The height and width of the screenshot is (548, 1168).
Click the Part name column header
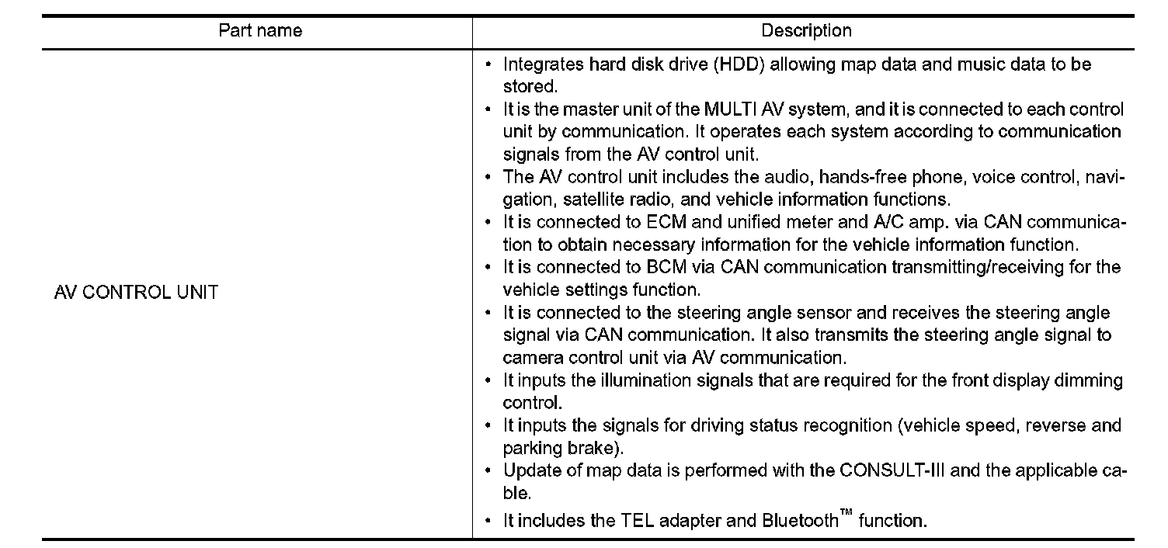(x=260, y=31)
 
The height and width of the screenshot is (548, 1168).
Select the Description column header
(x=806, y=31)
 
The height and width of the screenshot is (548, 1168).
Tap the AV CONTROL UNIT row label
(x=136, y=293)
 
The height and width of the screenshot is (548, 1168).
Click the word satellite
(x=590, y=199)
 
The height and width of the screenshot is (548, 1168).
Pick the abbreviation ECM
(x=665, y=223)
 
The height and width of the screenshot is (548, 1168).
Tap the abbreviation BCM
(x=665, y=268)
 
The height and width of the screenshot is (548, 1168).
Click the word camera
(x=530, y=359)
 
